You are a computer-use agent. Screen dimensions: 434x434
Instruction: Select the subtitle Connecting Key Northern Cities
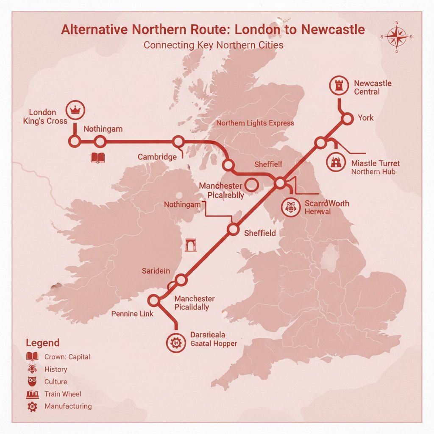pos(213,45)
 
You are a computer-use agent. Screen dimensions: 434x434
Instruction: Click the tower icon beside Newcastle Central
pos(339,86)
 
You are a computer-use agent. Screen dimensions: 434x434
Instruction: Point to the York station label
pos(365,118)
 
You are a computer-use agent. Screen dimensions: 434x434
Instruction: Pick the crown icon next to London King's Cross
pos(75,110)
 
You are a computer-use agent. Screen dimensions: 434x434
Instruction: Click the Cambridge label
pos(157,157)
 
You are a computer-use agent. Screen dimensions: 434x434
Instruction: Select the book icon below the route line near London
pos(97,158)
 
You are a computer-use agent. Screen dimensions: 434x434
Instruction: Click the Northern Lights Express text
pos(255,123)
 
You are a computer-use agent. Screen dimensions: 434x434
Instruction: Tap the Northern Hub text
pos(373,172)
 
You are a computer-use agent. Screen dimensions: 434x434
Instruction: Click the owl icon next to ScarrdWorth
pos(292,207)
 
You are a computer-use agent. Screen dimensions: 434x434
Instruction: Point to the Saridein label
pos(156,271)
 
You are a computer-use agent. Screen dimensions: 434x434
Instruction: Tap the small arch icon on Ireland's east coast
pos(191,245)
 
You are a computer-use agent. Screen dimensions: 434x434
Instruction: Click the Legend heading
pos(42,343)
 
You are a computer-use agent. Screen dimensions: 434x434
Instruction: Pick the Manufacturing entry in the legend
pos(68,406)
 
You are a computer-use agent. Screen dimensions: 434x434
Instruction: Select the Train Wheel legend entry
pos(62,394)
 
